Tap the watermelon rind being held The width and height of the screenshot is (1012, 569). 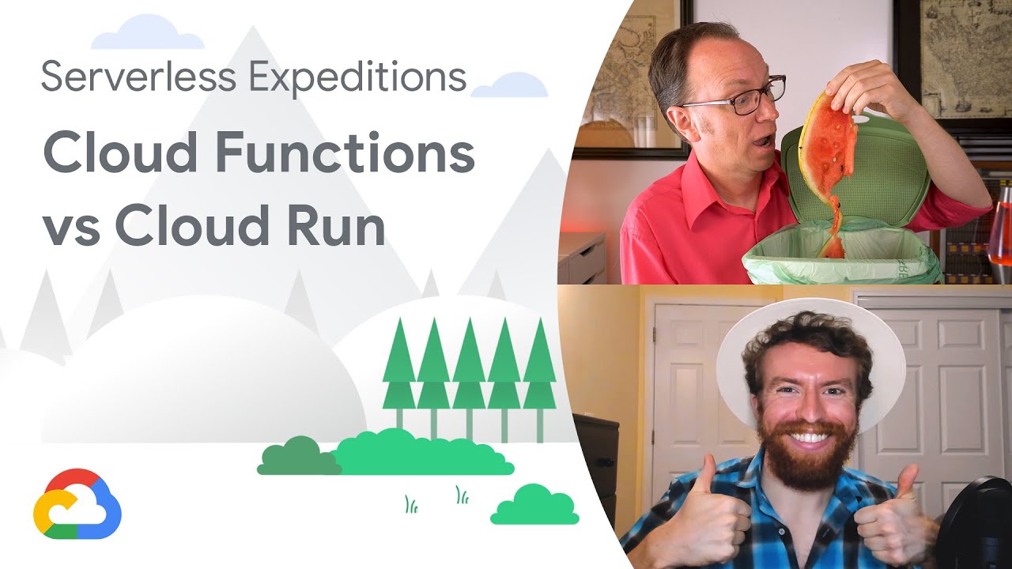coord(827,150)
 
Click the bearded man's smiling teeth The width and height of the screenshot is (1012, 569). coord(806,436)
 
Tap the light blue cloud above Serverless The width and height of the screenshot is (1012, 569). coord(147,33)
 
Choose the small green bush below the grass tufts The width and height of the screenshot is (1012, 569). coord(534,506)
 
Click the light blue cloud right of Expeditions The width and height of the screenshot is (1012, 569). coord(509,85)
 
